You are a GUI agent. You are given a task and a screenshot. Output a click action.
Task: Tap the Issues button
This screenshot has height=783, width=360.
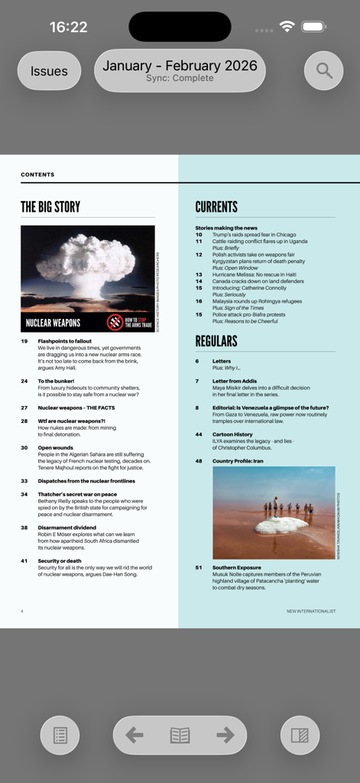coord(49,71)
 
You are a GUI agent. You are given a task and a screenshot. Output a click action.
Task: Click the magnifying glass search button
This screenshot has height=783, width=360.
coord(324,71)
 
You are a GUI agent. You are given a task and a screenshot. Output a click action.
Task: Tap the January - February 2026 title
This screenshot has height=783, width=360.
coord(180,66)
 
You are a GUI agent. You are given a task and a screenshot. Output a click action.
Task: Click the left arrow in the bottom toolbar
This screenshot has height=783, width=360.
coord(135,735)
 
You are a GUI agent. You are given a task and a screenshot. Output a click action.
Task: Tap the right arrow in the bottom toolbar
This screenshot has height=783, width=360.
coord(225,735)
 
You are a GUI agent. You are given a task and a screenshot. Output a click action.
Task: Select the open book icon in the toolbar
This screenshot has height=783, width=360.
coord(180,735)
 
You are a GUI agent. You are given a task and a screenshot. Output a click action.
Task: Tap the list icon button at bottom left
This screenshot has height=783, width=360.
coord(60,736)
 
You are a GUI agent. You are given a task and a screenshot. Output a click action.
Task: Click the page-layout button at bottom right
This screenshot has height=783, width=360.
coord(300,736)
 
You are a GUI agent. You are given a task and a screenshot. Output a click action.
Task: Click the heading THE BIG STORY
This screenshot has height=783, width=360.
coord(50,206)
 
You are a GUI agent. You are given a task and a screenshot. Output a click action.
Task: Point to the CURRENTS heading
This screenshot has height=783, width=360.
coord(216,206)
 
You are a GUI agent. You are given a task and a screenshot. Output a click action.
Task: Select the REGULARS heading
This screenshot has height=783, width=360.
coord(216,341)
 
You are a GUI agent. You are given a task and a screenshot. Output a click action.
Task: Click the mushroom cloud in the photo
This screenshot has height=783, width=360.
coord(86,255)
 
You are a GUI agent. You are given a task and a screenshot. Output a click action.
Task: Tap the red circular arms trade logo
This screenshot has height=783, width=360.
coord(115,322)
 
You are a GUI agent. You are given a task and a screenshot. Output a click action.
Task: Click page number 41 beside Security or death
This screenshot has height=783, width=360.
coord(24,560)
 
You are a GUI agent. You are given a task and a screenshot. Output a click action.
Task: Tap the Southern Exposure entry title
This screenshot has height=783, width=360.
coord(236,567)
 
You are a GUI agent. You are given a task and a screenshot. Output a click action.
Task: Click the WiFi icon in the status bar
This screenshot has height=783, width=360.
coord(287,27)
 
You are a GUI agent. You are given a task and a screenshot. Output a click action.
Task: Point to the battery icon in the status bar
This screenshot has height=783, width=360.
coord(314,27)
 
